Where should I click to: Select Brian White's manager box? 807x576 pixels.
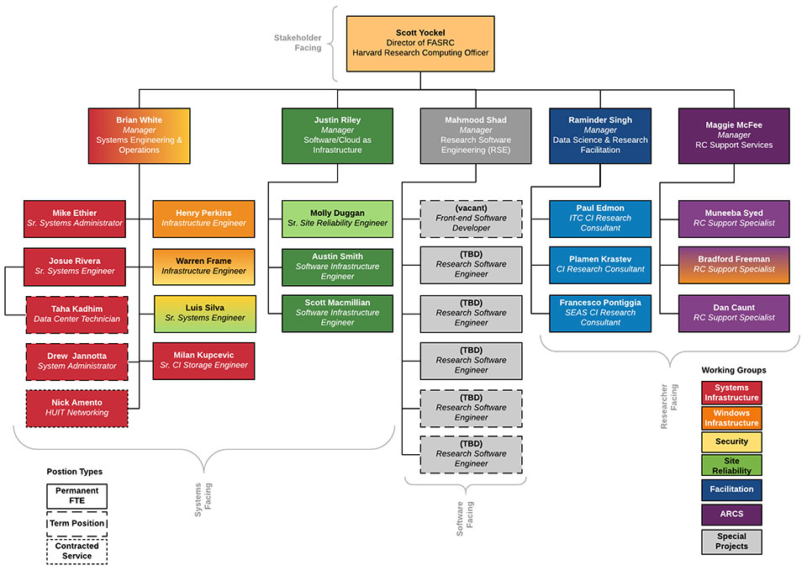click(140, 135)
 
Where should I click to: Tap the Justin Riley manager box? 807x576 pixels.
click(338, 135)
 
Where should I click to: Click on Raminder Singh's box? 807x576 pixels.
click(600, 135)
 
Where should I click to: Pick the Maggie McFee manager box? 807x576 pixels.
click(734, 135)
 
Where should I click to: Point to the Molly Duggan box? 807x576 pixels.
click(338, 219)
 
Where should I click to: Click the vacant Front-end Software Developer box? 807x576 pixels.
click(471, 219)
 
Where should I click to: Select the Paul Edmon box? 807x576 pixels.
click(600, 219)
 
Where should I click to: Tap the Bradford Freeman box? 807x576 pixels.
click(734, 265)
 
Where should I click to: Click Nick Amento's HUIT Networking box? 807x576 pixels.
click(77, 408)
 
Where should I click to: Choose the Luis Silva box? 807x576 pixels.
click(204, 314)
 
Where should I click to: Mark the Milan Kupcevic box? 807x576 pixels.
click(204, 360)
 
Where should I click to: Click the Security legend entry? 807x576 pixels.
click(731, 441)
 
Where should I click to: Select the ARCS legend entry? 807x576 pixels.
click(731, 514)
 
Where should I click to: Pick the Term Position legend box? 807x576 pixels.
click(76, 523)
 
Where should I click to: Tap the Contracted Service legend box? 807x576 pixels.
click(76, 552)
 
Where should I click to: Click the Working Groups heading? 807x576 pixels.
click(733, 370)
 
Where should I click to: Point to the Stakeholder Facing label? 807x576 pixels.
click(298, 43)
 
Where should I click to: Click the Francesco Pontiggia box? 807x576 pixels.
click(600, 313)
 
